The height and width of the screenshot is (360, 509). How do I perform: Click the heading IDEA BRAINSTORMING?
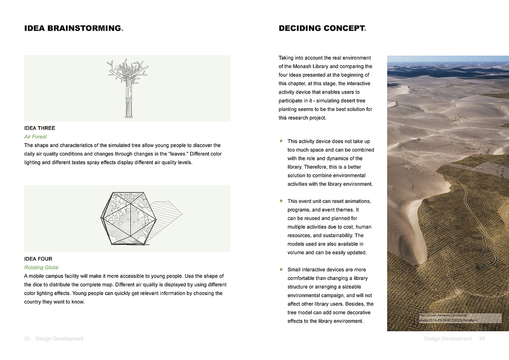coord(73,28)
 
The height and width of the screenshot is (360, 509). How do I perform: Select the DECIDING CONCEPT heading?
coord(321,28)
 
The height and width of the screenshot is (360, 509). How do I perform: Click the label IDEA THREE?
coord(40,128)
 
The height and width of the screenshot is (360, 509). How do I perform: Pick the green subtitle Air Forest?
coord(35,137)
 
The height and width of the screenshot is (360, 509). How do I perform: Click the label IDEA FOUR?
coord(38,259)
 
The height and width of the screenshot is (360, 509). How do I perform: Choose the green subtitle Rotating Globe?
coord(41,268)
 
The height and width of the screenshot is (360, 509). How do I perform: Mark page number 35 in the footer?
coord(27,339)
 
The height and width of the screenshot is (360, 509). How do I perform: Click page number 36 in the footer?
coord(482,339)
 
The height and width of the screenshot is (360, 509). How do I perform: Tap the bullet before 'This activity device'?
coord(281,141)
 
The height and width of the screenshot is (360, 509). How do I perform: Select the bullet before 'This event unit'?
coord(281,201)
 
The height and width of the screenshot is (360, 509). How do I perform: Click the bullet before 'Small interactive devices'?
coord(281,269)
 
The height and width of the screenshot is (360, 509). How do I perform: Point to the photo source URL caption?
coord(448,318)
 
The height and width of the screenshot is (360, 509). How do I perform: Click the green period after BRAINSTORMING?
coord(122,30)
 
